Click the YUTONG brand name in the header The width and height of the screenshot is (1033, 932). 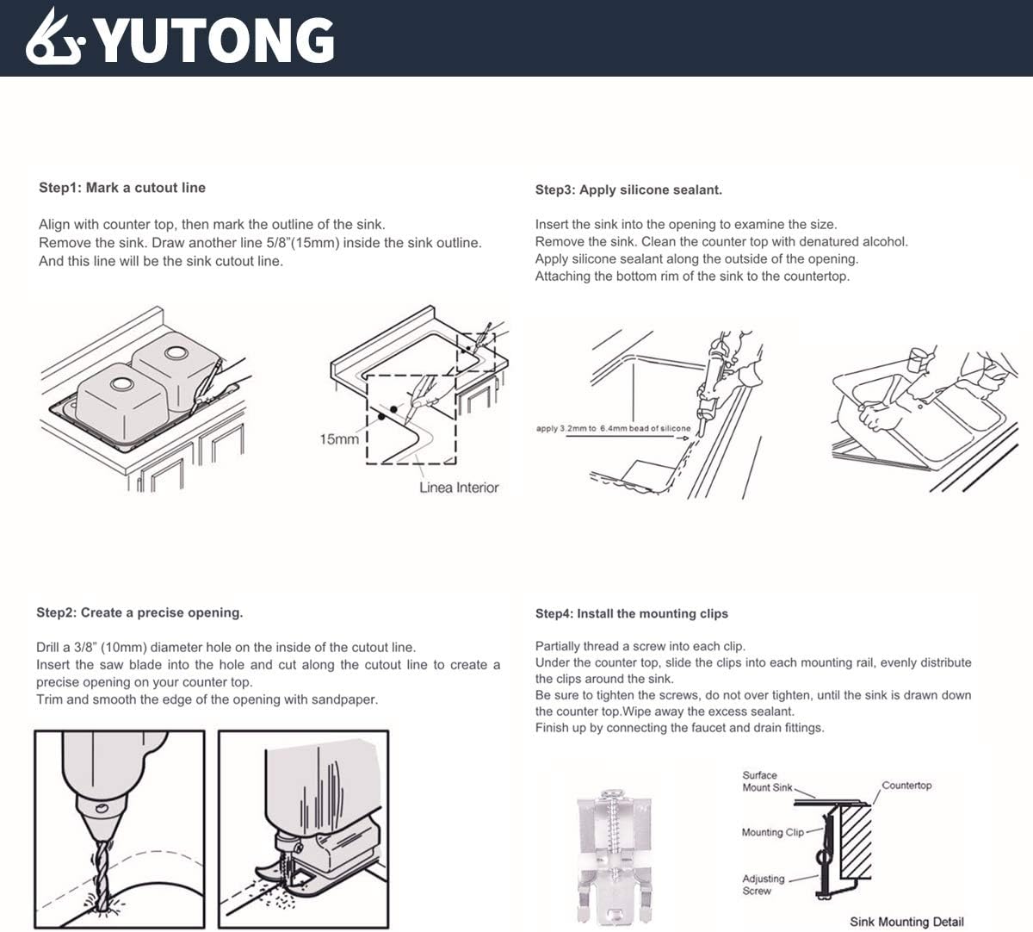tap(215, 40)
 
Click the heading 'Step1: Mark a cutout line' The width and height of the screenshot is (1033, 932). tap(122, 188)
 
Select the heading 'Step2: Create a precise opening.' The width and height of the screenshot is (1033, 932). tap(139, 613)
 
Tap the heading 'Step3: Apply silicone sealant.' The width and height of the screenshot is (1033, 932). tap(628, 190)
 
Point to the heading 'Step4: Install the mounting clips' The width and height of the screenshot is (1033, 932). tap(631, 614)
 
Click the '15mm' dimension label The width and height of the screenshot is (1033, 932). tap(338, 439)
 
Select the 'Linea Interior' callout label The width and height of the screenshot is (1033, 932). tap(459, 488)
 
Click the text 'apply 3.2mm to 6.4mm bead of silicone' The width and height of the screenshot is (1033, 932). tap(612, 428)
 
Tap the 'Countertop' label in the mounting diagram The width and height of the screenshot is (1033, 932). tap(906, 786)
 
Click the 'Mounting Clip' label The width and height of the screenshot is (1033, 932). tap(772, 832)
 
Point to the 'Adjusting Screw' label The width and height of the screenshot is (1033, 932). tap(763, 885)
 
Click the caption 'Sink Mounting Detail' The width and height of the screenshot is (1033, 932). tap(906, 922)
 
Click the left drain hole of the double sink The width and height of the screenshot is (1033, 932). tap(118, 382)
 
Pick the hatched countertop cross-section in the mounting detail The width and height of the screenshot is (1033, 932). tap(855, 840)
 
